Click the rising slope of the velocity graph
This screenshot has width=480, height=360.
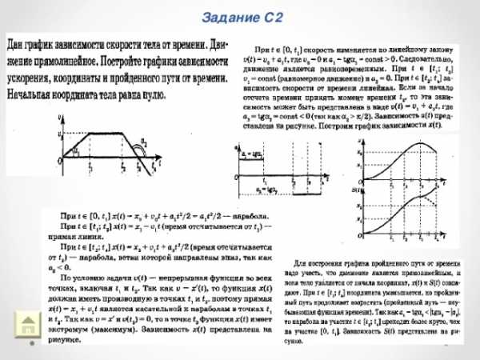75,146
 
